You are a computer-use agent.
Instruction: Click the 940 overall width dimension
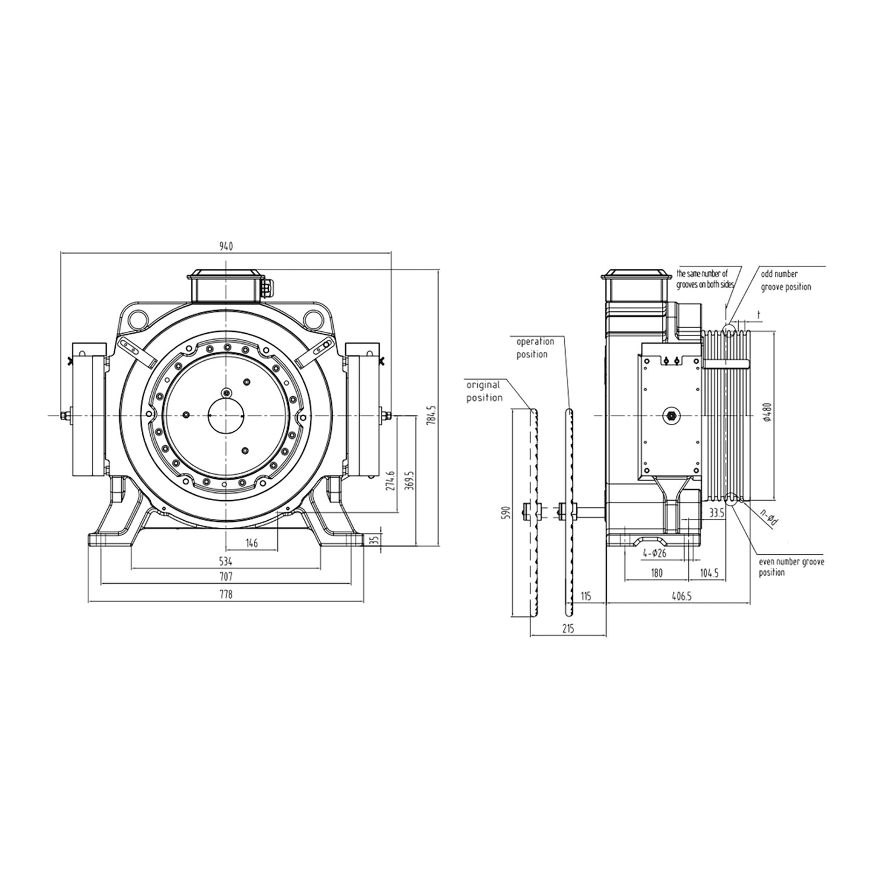[x=225, y=246]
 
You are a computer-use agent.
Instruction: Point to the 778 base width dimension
[x=225, y=595]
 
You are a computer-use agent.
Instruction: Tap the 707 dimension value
[x=225, y=576]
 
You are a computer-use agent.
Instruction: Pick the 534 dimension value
[x=225, y=561]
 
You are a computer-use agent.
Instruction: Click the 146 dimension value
[x=251, y=543]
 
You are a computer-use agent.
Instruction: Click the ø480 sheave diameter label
[x=767, y=411]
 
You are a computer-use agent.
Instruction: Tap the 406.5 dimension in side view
[x=681, y=596]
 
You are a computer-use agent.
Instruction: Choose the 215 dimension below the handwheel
[x=567, y=629]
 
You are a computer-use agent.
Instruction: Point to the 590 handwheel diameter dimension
[x=507, y=512]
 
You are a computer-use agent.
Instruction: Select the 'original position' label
[x=484, y=391]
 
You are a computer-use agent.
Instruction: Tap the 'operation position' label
[x=534, y=348]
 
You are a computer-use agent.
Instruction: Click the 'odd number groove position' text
[x=785, y=280]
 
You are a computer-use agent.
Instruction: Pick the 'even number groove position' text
[x=791, y=567]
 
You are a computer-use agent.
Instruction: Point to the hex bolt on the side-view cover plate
[x=670, y=415]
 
